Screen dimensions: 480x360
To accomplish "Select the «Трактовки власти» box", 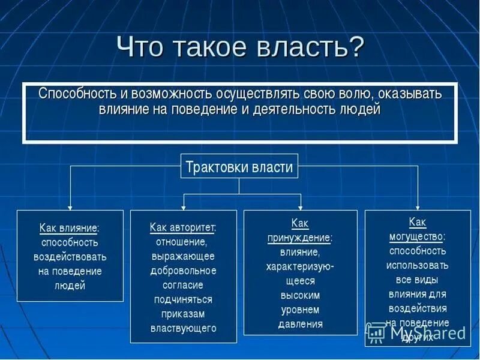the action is pyautogui.click(x=239, y=166).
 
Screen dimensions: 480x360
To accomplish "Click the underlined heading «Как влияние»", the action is pyautogui.click(x=70, y=228).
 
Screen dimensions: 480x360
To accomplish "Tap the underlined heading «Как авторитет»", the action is pyautogui.click(x=183, y=228).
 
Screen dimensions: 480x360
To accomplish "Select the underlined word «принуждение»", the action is pyautogui.click(x=299, y=238).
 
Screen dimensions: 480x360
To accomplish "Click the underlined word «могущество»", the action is pyautogui.click(x=417, y=236).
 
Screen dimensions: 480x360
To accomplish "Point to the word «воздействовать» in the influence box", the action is pyautogui.click(x=70, y=257).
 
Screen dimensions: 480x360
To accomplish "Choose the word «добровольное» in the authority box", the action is pyautogui.click(x=183, y=271).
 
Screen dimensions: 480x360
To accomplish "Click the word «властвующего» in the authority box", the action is pyautogui.click(x=183, y=328).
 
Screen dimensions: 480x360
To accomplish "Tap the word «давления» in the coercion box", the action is pyautogui.click(x=300, y=324).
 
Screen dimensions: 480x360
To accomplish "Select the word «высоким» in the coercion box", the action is pyautogui.click(x=300, y=295).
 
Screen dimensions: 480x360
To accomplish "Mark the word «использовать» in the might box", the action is pyautogui.click(x=417, y=265).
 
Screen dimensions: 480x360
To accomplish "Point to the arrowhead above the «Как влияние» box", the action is pyautogui.click(x=70, y=206).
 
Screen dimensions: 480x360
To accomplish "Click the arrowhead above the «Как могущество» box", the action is pyautogui.click(x=418, y=206).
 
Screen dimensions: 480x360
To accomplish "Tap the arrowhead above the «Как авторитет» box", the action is pyautogui.click(x=184, y=206).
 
